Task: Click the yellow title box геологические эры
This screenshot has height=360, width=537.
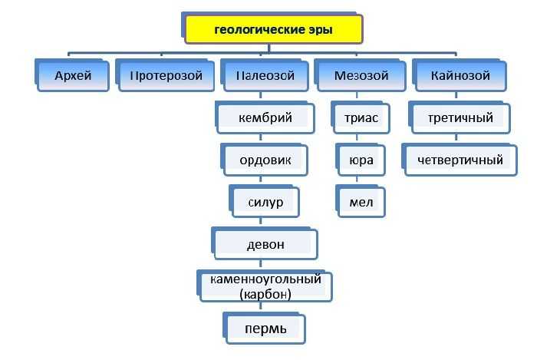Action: pyautogui.click(x=272, y=28)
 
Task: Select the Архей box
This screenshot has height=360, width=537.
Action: pyautogui.click(x=72, y=75)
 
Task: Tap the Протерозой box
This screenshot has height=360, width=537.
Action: pyautogui.click(x=165, y=75)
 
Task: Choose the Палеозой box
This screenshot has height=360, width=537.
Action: pyautogui.click(x=265, y=75)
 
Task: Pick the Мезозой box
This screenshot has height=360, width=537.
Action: pyautogui.click(x=361, y=75)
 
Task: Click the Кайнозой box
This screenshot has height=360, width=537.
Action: pyautogui.click(x=460, y=75)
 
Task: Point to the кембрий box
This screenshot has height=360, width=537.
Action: pyautogui.click(x=265, y=117)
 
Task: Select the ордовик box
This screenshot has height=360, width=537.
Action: pyautogui.click(x=265, y=160)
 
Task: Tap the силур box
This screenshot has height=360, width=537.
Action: pyautogui.click(x=265, y=202)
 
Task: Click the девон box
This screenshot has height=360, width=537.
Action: pyautogui.click(x=265, y=244)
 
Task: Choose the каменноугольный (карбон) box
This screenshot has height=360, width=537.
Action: pyautogui.click(x=265, y=286)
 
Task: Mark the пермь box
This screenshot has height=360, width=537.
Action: pyautogui.click(x=265, y=329)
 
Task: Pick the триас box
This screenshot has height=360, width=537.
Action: pyautogui.click(x=361, y=117)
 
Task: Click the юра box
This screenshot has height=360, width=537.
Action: pyautogui.click(x=361, y=160)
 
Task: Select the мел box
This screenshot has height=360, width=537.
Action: pyautogui.click(x=361, y=202)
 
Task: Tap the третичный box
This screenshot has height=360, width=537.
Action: pyautogui.click(x=460, y=117)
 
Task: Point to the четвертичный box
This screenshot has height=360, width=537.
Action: pyautogui.click(x=460, y=160)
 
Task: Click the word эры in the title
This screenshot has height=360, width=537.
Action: pyautogui.click(x=321, y=29)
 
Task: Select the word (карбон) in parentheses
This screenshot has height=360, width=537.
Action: pyautogui.click(x=265, y=294)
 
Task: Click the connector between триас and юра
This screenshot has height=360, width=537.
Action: pyautogui.click(x=357, y=139)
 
